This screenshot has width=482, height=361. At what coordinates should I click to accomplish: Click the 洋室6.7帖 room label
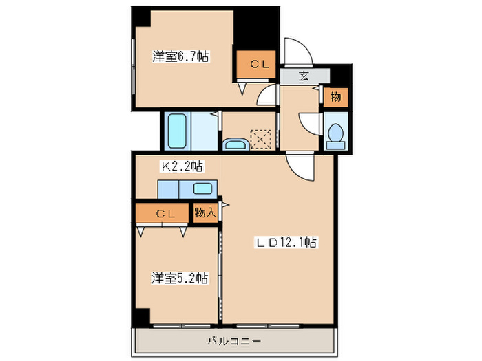click(x=180, y=58)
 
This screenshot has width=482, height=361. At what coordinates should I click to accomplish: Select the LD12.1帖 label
click(x=287, y=242)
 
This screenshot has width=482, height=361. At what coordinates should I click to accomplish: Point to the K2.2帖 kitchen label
click(x=182, y=166)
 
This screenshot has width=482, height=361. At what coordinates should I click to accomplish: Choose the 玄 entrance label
click(x=304, y=76)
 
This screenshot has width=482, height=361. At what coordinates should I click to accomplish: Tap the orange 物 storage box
click(x=335, y=97)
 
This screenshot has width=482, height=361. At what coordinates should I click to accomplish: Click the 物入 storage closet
click(x=205, y=212)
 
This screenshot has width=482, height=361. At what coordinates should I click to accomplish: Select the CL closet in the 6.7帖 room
click(x=258, y=65)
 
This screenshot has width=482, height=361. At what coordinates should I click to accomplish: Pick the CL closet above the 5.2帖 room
click(x=163, y=213)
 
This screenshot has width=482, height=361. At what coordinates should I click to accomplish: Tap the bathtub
click(x=178, y=131)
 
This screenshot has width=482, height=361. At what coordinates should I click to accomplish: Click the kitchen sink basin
click(x=203, y=188)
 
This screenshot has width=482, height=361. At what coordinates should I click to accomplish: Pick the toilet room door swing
click(x=308, y=124)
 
